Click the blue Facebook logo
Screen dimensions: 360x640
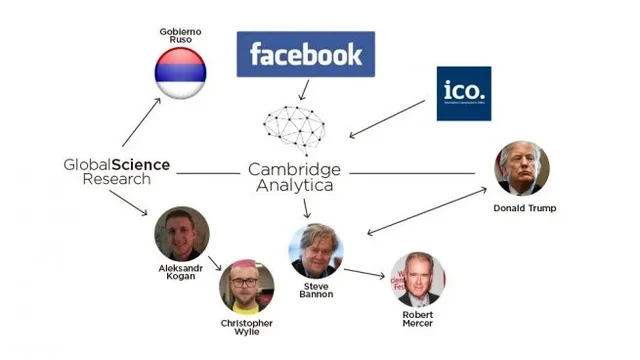click(x=305, y=54)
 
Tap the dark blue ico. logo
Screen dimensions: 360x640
click(x=463, y=93)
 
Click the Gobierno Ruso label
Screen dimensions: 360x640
click(x=179, y=35)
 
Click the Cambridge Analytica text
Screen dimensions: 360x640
click(x=299, y=177)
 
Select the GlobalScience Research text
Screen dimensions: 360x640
click(x=117, y=171)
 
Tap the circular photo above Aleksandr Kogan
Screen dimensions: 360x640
click(x=181, y=234)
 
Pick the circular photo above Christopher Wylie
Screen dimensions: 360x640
click(x=246, y=287)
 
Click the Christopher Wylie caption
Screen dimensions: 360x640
click(x=247, y=328)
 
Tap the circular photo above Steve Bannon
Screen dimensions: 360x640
click(x=316, y=251)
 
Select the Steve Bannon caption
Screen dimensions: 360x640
click(x=315, y=290)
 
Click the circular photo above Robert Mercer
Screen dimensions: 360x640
click(x=418, y=278)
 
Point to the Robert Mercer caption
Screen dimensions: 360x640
click(x=418, y=319)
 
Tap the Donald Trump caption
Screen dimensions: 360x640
click(x=524, y=208)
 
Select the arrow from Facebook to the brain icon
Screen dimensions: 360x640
click(x=302, y=90)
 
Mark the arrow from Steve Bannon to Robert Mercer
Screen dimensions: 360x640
click(x=365, y=271)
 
